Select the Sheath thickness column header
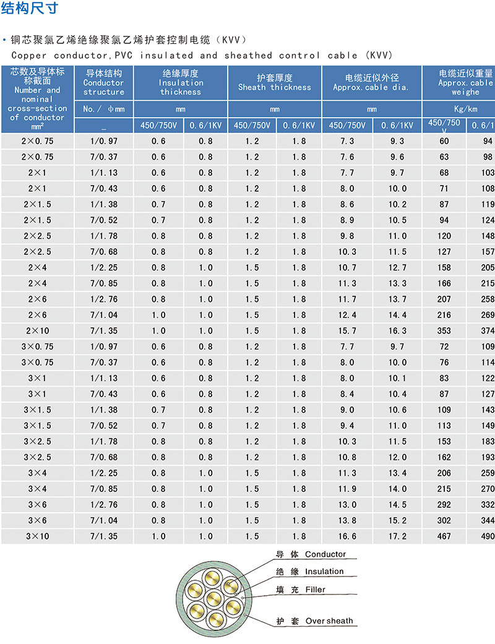274,83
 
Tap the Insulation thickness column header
181,83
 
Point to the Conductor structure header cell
104,83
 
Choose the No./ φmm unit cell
104,109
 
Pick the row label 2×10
37,331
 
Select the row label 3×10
37,536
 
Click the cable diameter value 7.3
347,141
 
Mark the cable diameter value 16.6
347,536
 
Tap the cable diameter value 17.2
398,536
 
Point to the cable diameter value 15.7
347,331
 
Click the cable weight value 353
444,331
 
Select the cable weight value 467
444,536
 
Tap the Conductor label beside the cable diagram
325,555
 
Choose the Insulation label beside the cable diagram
324,572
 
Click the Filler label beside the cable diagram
315,590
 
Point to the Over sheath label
329,620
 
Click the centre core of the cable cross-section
214,597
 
